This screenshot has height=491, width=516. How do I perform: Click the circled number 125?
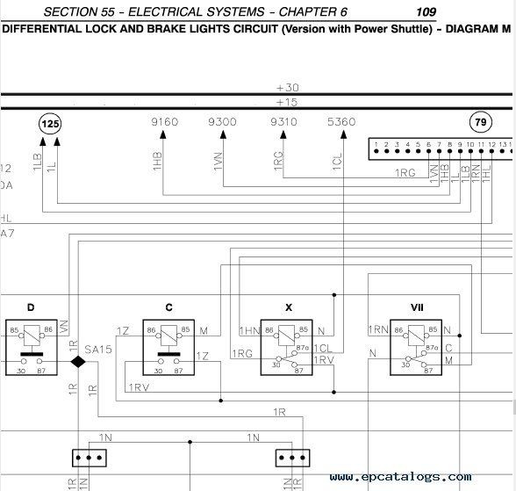pyautogui.click(x=50, y=124)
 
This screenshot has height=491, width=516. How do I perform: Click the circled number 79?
pyautogui.click(x=481, y=122)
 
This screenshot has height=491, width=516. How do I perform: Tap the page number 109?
pyautogui.click(x=426, y=12)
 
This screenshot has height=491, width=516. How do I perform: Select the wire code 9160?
pyautogui.click(x=165, y=122)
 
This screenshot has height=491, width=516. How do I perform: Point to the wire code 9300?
pyautogui.click(x=222, y=122)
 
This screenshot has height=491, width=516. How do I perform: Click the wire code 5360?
pyautogui.click(x=341, y=122)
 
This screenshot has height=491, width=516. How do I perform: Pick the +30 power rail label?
pyautogui.click(x=287, y=88)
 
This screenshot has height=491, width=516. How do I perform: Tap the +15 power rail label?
pyautogui.click(x=287, y=103)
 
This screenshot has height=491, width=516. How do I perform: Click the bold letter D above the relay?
pyautogui.click(x=31, y=307)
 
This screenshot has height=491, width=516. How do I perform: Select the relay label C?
pyautogui.click(x=168, y=307)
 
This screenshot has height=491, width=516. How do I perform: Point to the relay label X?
pyautogui.click(x=289, y=307)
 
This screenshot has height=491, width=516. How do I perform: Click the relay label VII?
pyautogui.click(x=417, y=307)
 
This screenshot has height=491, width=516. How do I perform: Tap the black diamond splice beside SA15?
pyautogui.click(x=78, y=362)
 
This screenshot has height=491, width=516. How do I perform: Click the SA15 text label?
pyautogui.click(x=98, y=350)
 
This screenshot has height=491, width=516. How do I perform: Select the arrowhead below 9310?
pyautogui.click(x=283, y=134)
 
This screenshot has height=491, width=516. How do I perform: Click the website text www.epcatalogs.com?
pyautogui.click(x=400, y=477)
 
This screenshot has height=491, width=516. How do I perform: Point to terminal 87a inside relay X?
pyautogui.click(x=302, y=348)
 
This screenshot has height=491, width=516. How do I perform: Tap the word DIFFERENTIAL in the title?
pyautogui.click(x=42, y=29)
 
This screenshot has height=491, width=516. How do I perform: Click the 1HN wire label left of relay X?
pyautogui.click(x=250, y=330)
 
